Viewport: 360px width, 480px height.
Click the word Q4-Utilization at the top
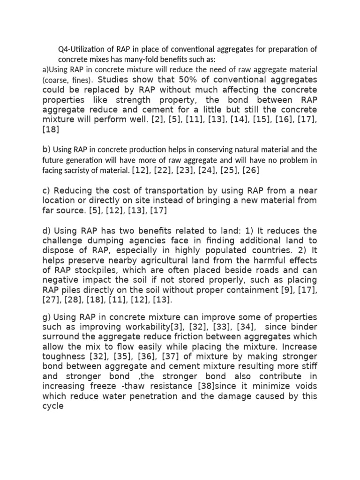[x=80, y=50]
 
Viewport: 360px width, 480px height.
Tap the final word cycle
[x=52, y=406]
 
